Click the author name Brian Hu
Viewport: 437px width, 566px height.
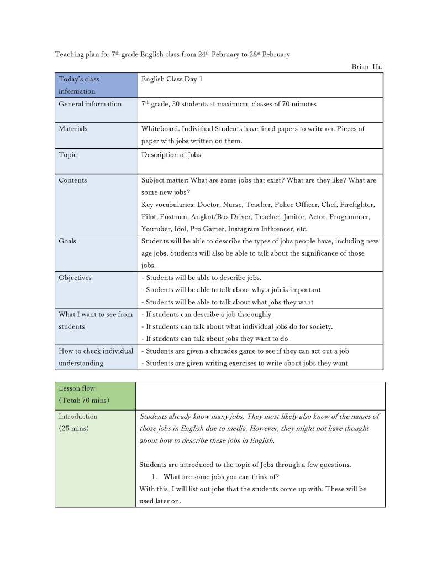(366, 67)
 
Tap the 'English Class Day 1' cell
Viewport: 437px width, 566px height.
(172, 79)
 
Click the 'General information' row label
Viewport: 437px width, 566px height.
(90, 104)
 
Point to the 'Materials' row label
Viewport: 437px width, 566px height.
(73, 128)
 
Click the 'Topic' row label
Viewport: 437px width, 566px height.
(68, 155)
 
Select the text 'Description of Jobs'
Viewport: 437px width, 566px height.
(171, 155)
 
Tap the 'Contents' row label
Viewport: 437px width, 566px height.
(73, 180)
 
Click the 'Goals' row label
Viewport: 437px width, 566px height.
(67, 241)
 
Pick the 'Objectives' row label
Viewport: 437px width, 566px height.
(75, 278)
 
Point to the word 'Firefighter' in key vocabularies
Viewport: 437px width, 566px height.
(357, 205)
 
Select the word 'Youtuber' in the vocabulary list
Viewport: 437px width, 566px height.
(156, 229)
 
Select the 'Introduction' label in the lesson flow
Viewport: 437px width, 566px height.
(78, 416)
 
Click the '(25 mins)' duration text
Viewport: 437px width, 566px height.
(73, 428)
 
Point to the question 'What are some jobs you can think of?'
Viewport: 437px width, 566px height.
(221, 477)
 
